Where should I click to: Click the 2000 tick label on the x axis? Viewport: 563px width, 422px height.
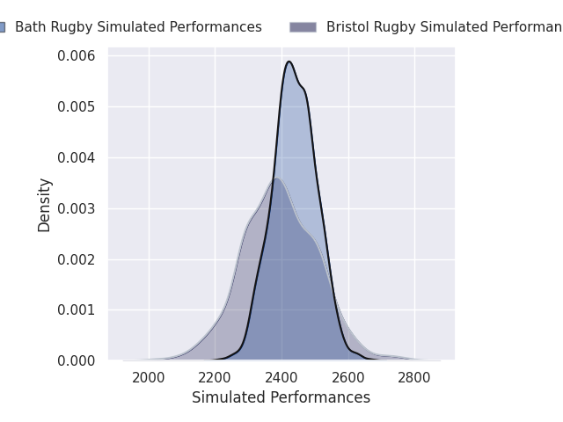[x=149, y=378]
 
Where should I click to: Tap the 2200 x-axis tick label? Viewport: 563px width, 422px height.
[x=216, y=378]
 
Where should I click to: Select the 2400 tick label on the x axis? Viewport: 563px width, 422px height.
[x=281, y=378]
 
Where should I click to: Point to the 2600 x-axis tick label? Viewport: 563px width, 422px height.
[x=348, y=378]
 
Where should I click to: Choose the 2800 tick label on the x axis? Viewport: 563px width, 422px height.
[x=414, y=378]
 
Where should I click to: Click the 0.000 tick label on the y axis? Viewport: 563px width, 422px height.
[x=77, y=361]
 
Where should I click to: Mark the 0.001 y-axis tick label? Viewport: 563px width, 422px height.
[x=77, y=310]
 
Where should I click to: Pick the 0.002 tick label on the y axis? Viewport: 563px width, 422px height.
[x=77, y=259]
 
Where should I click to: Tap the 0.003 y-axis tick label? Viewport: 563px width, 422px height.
[x=77, y=209]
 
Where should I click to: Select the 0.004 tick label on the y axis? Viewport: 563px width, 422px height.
[x=77, y=158]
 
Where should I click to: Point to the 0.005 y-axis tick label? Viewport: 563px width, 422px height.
[x=77, y=107]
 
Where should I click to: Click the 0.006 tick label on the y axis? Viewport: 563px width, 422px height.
[x=77, y=56]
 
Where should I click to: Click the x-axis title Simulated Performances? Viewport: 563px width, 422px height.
[x=281, y=398]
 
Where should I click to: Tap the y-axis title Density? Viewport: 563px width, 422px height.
[x=45, y=205]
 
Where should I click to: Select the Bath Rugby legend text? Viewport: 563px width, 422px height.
[x=138, y=27]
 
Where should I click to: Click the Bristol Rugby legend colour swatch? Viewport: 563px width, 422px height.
[x=303, y=27]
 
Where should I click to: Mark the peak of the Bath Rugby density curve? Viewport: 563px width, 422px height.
[x=289, y=62]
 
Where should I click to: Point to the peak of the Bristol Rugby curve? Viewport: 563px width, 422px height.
[x=276, y=178]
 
